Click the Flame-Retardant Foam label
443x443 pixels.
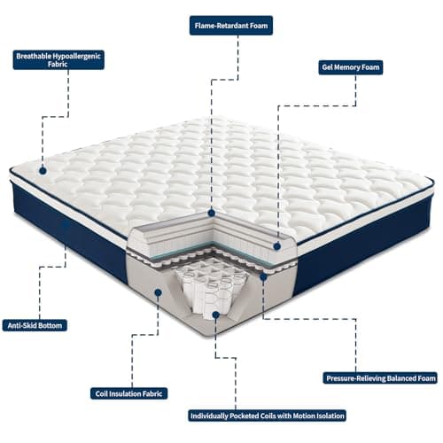pyautogui.click(x=231, y=26)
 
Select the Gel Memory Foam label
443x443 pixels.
pyautogui.click(x=350, y=67)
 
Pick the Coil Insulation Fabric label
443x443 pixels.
pyautogui.click(x=130, y=392)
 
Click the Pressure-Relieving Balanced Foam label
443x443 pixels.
pyautogui.click(x=380, y=377)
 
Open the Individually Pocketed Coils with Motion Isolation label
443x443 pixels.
pyautogui.click(x=268, y=415)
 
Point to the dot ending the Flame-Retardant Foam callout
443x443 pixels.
pyautogui.click(x=211, y=214)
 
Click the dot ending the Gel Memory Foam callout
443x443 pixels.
pyautogui.click(x=277, y=246)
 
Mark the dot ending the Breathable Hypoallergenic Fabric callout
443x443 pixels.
pyautogui.click(x=42, y=166)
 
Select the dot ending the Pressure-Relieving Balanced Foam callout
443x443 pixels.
pyautogui.click(x=263, y=276)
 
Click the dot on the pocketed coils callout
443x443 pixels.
pyautogui.click(x=214, y=313)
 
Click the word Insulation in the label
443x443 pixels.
pyautogui.click(x=128, y=392)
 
